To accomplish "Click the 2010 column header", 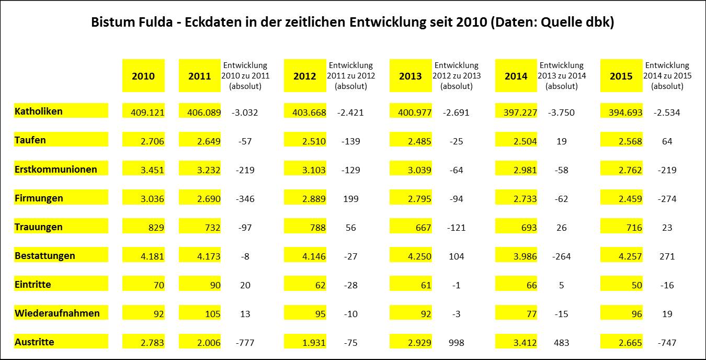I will [x=143, y=76].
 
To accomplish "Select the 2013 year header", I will [x=410, y=76].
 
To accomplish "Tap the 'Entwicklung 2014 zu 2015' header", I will [x=667, y=76].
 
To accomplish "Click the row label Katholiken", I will [x=39, y=111].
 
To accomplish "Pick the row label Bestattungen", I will [x=45, y=255].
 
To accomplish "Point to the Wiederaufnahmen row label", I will [x=57, y=313].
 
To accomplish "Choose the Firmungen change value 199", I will [x=351, y=199].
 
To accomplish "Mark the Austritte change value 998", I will [x=456, y=343].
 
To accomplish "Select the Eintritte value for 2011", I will [x=212, y=285].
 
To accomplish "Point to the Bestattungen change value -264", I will [x=561, y=256].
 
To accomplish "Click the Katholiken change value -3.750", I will [x=561, y=113].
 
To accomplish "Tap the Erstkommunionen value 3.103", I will [x=312, y=170].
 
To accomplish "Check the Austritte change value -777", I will [x=245, y=343].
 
